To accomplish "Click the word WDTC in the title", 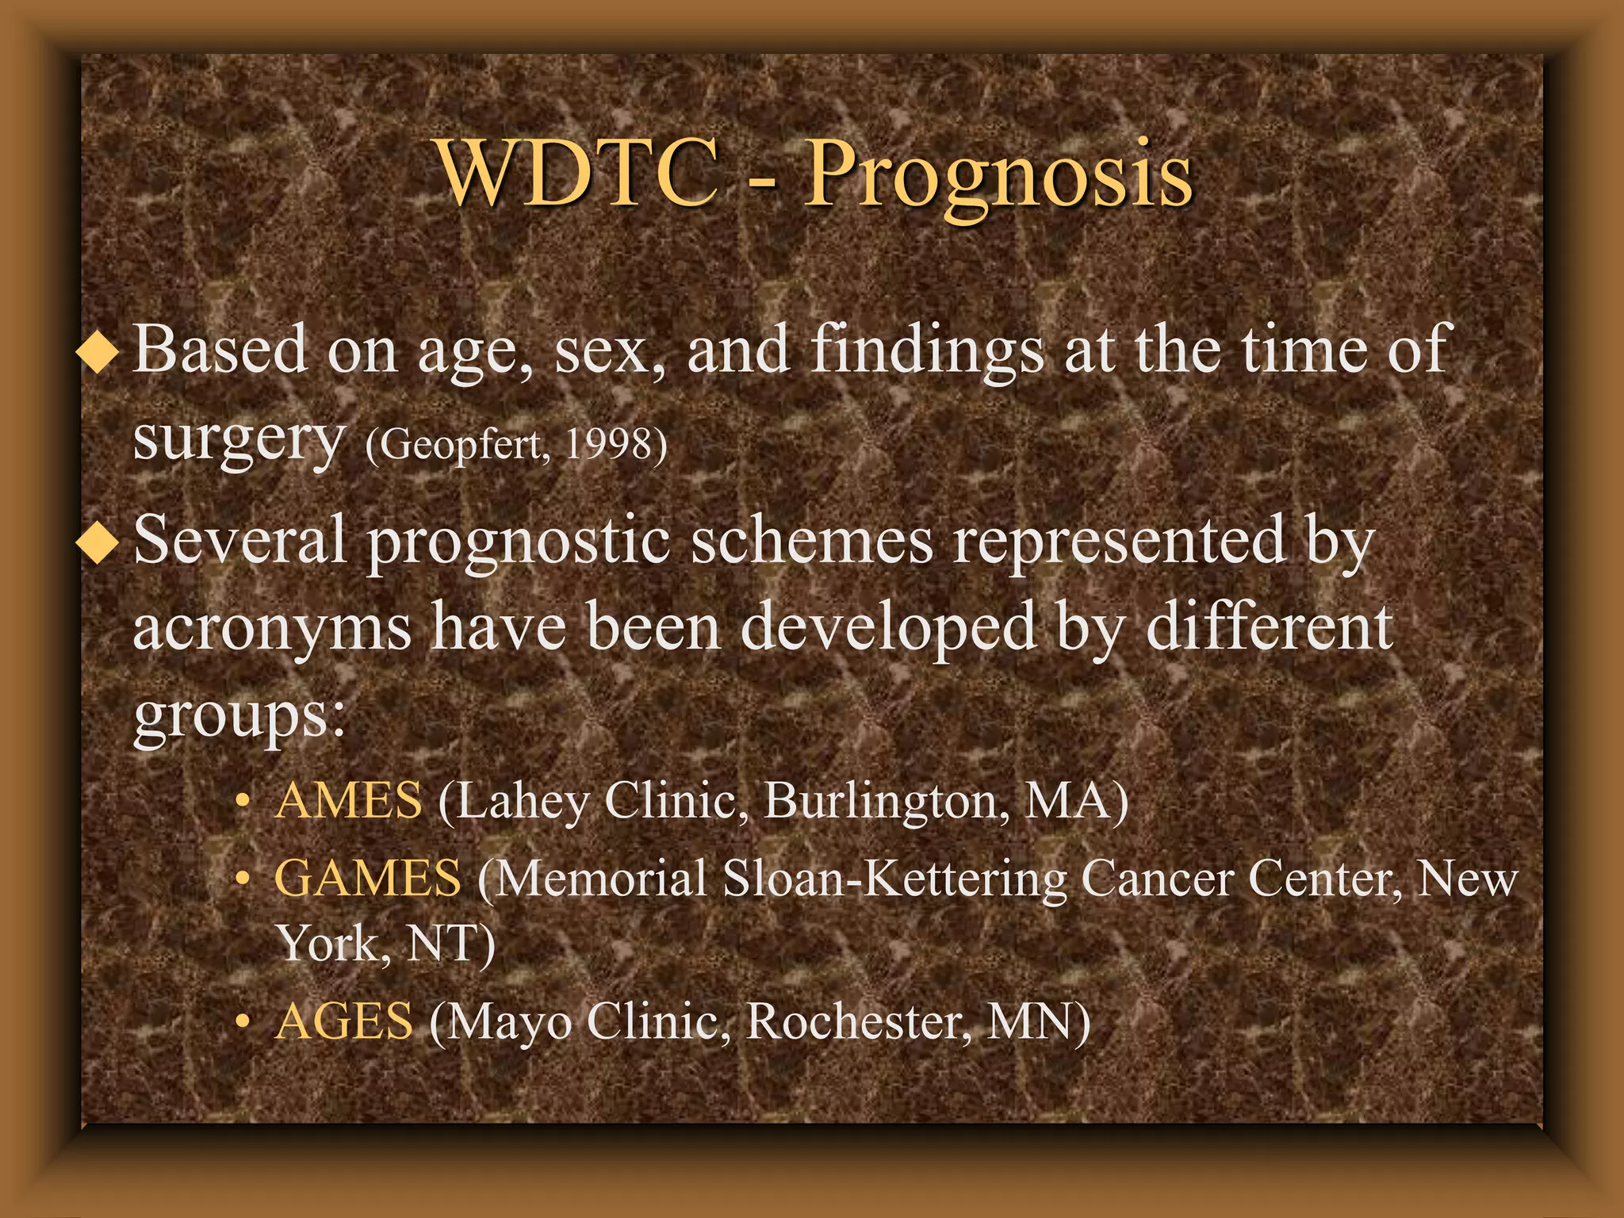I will (x=576, y=174).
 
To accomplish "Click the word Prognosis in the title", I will (x=998, y=176).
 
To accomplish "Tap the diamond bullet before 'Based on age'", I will (x=98, y=351).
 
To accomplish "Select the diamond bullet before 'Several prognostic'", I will (x=98, y=542).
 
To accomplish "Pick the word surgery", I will (x=238, y=440).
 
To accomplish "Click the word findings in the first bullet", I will (x=926, y=350).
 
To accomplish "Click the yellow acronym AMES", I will (x=348, y=800).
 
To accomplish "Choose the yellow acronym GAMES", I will (x=367, y=879).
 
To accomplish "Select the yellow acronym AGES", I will (x=343, y=1021).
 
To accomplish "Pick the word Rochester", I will (x=857, y=1021).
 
